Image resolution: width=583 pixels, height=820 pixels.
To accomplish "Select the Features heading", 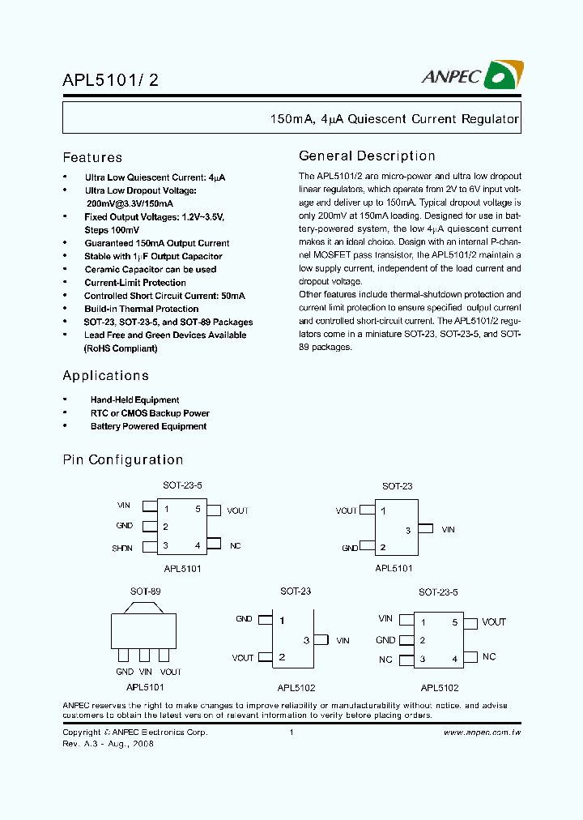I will (x=92, y=158).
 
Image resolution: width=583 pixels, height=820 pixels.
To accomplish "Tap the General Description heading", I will (x=367, y=156).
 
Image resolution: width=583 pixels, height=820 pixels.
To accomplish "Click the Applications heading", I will (x=105, y=376).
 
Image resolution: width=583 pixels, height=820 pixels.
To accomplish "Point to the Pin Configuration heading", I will (x=123, y=460).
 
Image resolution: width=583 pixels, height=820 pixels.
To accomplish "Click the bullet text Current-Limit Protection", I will (x=135, y=283).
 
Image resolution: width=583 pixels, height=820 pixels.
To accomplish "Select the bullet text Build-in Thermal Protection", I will (x=141, y=309).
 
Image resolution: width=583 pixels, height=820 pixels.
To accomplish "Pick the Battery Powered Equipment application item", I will (x=148, y=426).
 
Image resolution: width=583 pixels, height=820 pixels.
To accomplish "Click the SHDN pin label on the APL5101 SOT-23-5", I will (x=122, y=548).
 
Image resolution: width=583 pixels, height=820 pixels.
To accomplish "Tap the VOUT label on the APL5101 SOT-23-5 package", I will (x=237, y=510).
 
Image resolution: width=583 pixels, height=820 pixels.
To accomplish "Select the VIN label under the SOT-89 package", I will (x=146, y=672).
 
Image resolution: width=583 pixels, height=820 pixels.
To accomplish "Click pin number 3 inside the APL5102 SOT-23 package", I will (x=306, y=640).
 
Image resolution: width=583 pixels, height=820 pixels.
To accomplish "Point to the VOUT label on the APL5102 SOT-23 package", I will (x=243, y=658).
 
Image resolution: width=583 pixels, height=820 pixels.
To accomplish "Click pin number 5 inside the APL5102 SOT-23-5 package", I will (x=454, y=622).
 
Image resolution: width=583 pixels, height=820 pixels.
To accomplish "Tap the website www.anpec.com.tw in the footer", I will (x=482, y=732).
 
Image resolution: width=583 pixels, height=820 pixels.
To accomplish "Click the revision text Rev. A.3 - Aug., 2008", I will (x=108, y=743).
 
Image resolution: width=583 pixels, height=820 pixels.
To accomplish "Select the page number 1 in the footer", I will (x=291, y=732).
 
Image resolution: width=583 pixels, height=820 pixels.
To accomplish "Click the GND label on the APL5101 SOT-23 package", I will (x=350, y=548).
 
